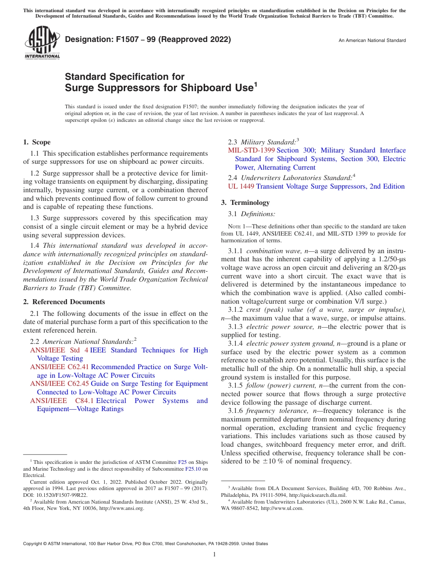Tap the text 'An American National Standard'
point(372,41)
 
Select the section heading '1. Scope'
point(37,142)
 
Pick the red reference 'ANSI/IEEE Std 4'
point(59,350)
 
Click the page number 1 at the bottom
point(214,555)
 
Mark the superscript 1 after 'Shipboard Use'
point(256,84)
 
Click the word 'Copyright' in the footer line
point(33,544)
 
